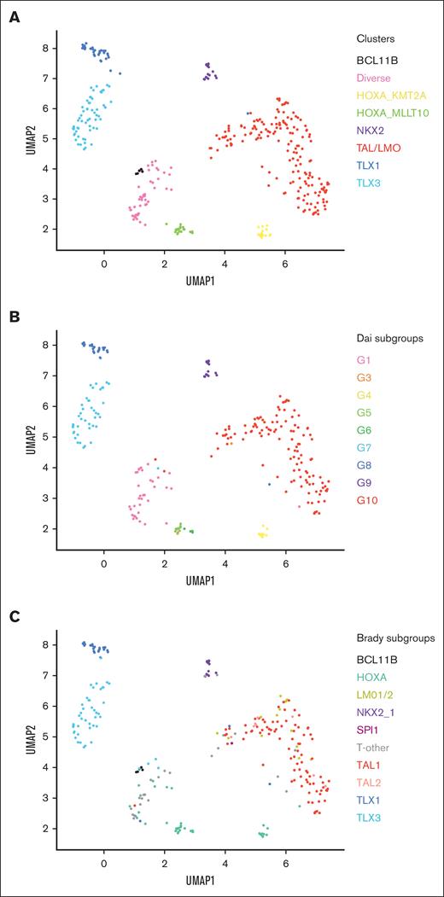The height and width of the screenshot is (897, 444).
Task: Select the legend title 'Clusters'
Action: point(377,38)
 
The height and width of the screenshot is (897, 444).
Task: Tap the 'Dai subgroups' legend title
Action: point(390,337)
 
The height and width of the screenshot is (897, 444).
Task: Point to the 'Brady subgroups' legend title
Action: point(394,638)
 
